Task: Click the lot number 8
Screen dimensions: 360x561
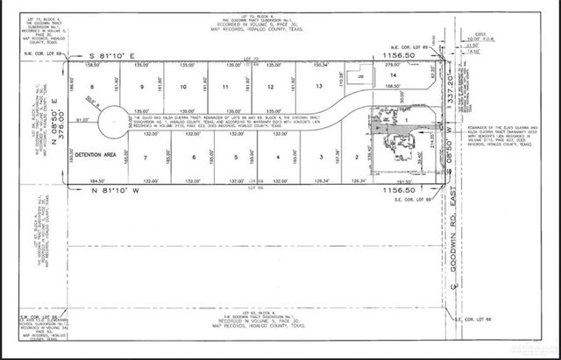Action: click(x=91, y=88)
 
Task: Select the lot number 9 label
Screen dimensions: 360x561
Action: click(x=140, y=88)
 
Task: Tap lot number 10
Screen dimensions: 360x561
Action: click(x=182, y=88)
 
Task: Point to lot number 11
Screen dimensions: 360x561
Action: click(x=225, y=88)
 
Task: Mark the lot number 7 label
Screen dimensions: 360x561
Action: click(x=144, y=157)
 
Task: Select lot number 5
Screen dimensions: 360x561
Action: click(x=237, y=157)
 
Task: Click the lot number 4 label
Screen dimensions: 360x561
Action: click(x=278, y=157)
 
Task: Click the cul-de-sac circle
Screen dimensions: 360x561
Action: click(x=113, y=126)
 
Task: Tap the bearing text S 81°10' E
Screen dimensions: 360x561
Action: click(x=113, y=54)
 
